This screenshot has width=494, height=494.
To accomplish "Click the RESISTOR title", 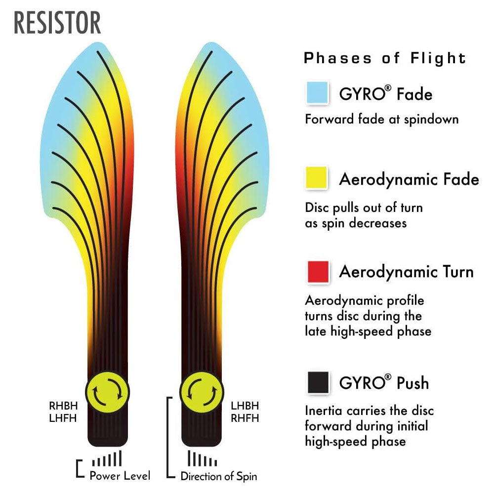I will pos(58,23).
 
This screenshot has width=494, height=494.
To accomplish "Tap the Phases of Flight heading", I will pos(385,58).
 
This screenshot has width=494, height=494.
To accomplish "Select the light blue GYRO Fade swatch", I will pos(318,93).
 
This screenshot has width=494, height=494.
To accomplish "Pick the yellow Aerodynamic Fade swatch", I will pos(317,178).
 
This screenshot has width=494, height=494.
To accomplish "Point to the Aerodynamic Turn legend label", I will pos(406,272).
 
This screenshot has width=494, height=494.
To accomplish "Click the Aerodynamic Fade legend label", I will pos(409,179).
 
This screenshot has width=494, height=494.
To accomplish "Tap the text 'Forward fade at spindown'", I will pos(382,119).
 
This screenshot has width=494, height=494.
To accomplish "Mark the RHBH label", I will pos(63,406).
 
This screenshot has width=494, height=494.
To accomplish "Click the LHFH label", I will pos(63,418).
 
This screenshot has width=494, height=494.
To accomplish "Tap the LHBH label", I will pos(245,406).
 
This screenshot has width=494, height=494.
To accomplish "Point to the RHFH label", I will pos(245,418).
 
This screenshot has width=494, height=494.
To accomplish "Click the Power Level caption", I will pos(120,476).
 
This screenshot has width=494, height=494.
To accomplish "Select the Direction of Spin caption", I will pos(219,476).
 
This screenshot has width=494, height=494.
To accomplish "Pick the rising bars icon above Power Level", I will pos(107,459).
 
